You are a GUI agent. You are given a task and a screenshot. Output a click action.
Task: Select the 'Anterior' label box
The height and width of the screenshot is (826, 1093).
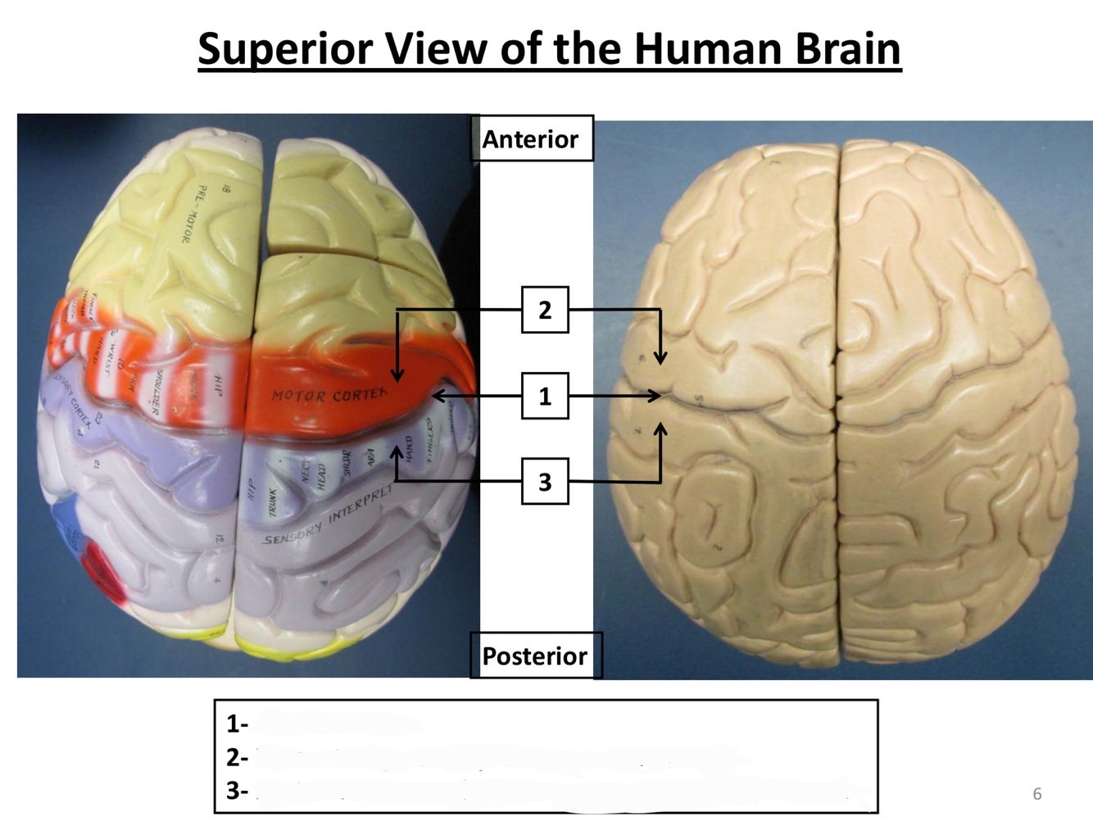530,139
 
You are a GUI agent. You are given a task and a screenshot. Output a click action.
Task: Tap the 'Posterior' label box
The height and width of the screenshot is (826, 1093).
534,656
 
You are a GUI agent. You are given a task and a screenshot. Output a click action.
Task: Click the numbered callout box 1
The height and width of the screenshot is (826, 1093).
545,397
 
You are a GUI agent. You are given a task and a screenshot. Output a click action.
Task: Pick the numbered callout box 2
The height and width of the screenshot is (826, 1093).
545,310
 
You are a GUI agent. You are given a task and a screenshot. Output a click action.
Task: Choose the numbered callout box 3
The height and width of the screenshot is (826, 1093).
545,482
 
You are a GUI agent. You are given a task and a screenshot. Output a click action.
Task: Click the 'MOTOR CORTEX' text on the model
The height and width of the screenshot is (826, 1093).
329,396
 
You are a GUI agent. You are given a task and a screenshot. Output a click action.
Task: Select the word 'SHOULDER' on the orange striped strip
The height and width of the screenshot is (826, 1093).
161,391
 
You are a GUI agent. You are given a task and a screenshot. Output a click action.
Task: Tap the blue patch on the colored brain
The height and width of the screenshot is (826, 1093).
70,529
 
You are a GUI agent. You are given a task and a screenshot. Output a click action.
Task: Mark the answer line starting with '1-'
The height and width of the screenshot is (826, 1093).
237,724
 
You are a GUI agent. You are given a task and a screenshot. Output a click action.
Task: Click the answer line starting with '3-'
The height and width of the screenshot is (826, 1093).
237,791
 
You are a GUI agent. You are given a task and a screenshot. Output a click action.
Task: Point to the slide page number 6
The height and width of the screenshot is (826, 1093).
1036,793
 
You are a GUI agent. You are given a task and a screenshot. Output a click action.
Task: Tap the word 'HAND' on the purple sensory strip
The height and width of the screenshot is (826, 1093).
408,447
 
